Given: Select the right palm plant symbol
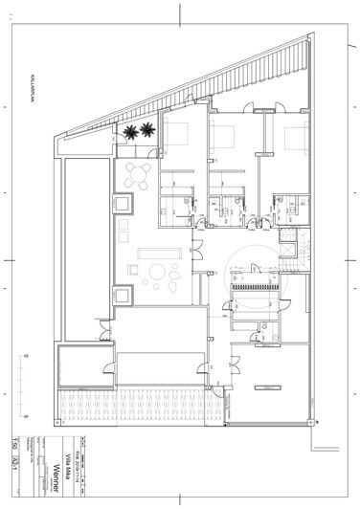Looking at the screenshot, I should click(146, 130).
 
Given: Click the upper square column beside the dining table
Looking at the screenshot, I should click(124, 205).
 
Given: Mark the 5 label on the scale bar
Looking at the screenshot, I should click(26, 418).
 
